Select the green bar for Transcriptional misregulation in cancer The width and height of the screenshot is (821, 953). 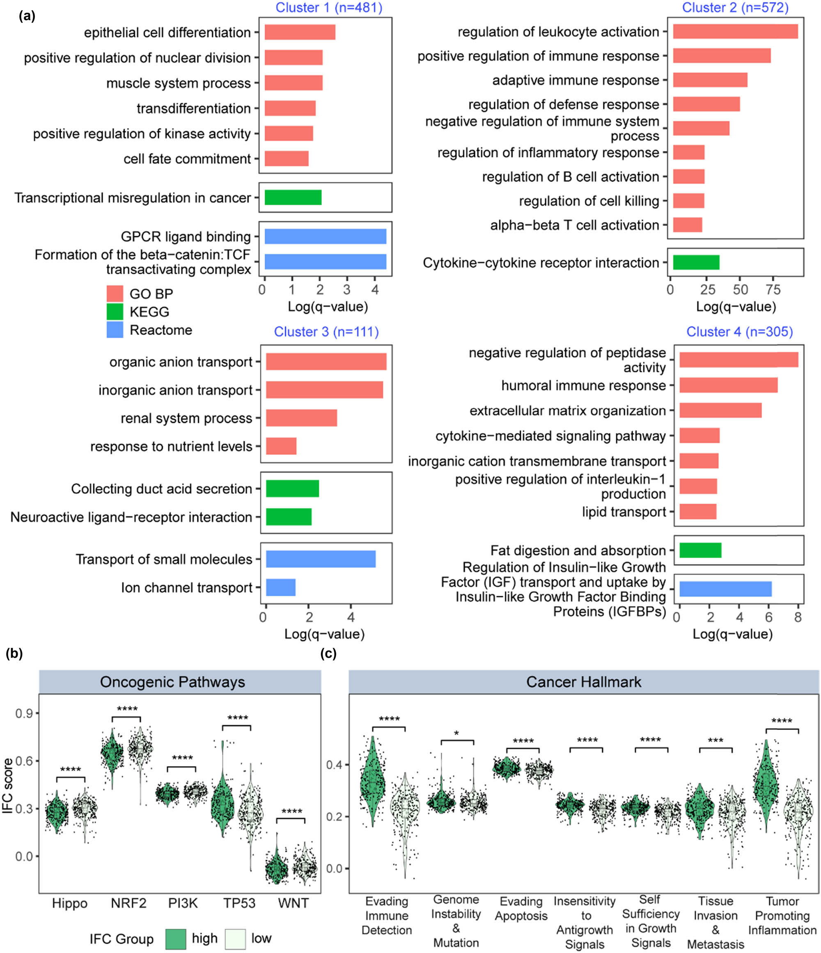coord(293,198)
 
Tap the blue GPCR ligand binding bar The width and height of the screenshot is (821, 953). coord(325,237)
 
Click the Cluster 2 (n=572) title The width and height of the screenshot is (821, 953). coord(735,8)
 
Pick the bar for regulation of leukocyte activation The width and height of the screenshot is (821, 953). coord(735,31)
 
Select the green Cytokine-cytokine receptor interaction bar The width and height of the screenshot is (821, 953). coord(696,263)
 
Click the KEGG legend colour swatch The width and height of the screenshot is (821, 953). coord(115,311)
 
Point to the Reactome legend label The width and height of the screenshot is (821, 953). coord(161,330)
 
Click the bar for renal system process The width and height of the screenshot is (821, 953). coord(301,418)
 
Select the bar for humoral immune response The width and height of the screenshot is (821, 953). coord(728,386)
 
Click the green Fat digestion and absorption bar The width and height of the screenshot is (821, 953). coord(700,551)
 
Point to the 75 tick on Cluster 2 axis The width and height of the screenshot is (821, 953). coord(773,290)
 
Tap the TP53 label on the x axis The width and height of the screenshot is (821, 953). coord(239,903)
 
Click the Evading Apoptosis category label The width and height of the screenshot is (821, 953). coord(521,908)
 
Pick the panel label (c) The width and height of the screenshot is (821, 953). coord(328,654)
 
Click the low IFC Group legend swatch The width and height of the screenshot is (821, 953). coord(236,938)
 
